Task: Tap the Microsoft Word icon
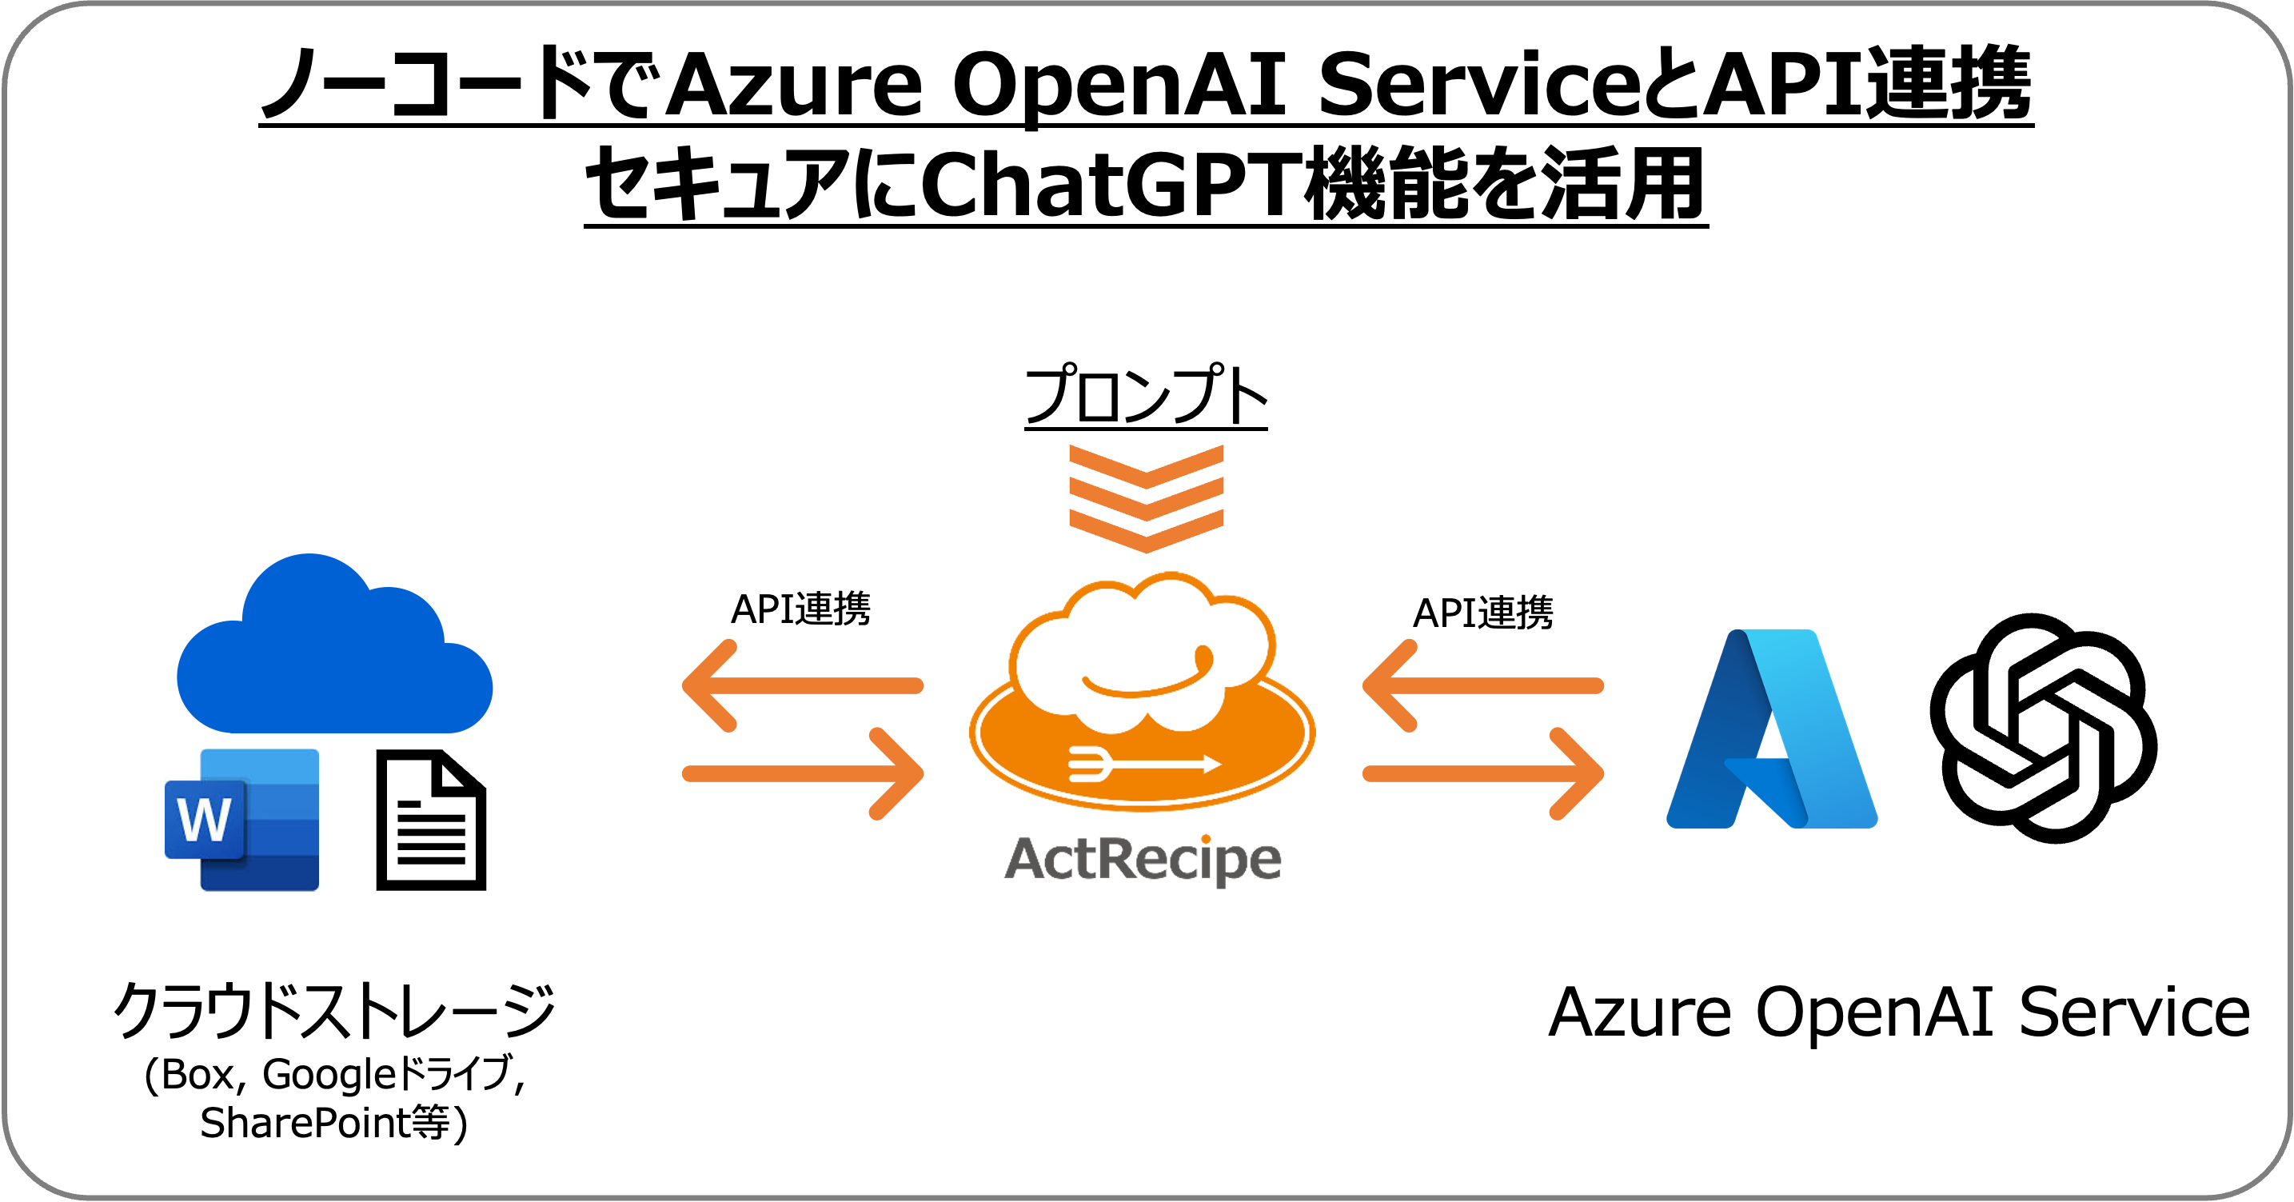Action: (242, 820)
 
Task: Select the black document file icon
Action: (431, 820)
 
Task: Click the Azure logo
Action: (1771, 730)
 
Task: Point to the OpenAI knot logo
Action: (2043, 729)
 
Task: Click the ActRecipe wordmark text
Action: (1143, 859)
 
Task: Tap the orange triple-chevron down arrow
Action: (1146, 498)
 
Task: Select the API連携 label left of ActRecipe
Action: (800, 610)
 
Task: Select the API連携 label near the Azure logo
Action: (1482, 613)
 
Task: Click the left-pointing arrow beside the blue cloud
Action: (801, 685)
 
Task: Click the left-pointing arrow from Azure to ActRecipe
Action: (1482, 685)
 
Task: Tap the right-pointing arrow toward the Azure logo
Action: (1483, 773)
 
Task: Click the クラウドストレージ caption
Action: (334, 1012)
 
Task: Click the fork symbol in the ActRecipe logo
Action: (1089, 764)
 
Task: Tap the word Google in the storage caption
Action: (328, 1075)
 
